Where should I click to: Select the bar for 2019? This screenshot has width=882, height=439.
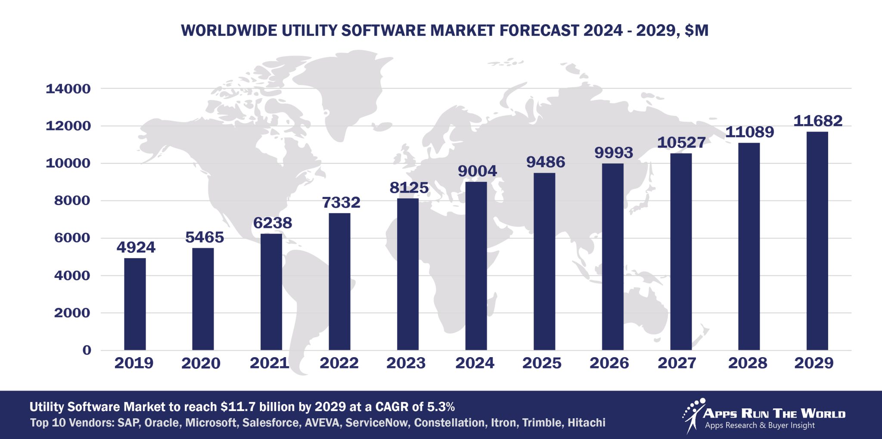[x=135, y=304]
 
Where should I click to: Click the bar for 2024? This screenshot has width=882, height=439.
[x=476, y=266]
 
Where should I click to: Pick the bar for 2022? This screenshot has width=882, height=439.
[x=339, y=281]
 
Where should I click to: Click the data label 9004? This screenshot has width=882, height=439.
[x=477, y=171]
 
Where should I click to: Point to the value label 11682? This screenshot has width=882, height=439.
[x=818, y=121]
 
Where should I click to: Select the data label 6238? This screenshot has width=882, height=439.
[x=273, y=223]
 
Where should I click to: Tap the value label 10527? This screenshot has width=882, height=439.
[x=681, y=143]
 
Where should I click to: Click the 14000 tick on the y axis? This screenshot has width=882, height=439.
[x=68, y=89]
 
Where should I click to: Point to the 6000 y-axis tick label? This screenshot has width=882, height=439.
[x=72, y=238]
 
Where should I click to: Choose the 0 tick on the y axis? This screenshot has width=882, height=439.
[x=87, y=350]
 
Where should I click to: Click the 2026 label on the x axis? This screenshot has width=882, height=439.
[x=609, y=363]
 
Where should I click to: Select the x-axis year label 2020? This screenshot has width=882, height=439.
[x=201, y=363]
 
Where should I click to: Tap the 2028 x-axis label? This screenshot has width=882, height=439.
[x=747, y=363]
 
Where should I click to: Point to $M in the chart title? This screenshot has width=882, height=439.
[x=696, y=31]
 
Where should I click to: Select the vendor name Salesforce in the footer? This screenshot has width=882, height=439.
[x=270, y=423]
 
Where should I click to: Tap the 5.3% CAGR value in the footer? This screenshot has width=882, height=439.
[x=441, y=407]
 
